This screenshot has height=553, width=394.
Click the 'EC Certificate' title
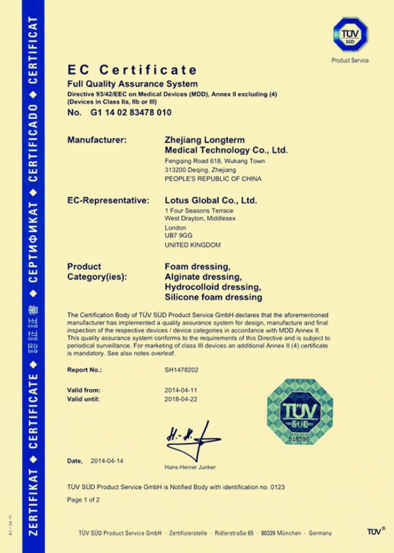click(x=132, y=70)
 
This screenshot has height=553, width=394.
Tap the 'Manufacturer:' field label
click(x=97, y=140)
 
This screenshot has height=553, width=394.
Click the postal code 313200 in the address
click(x=175, y=170)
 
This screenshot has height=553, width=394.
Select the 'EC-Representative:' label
click(x=108, y=200)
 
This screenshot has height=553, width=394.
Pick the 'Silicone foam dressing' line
click(x=213, y=297)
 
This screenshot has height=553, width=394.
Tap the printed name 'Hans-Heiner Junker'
click(x=190, y=467)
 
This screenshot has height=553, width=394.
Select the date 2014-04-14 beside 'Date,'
click(x=107, y=461)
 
